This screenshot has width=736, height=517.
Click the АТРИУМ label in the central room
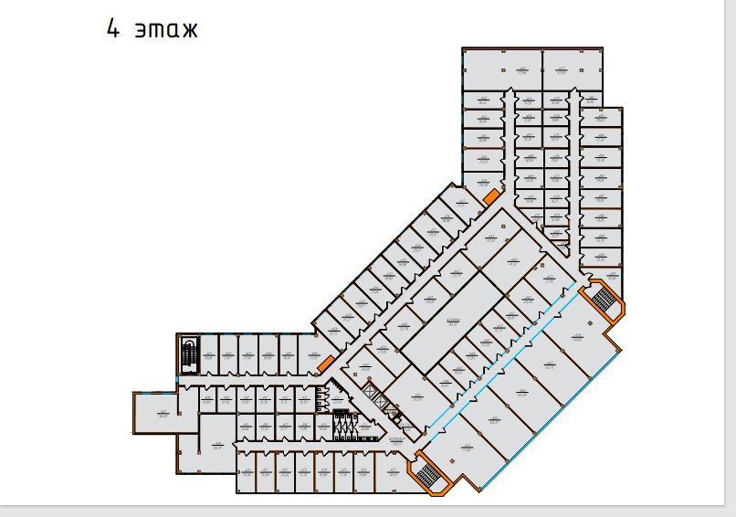click(x=451, y=322)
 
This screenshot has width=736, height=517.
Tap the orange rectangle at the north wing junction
click(x=490, y=197)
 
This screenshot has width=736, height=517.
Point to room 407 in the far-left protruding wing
click(x=163, y=415)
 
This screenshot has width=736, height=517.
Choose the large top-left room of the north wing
click(x=501, y=69)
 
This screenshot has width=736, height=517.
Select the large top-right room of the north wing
click(x=572, y=69)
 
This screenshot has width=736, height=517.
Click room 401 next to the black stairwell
click(x=208, y=356)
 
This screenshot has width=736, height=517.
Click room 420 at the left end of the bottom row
click(x=246, y=473)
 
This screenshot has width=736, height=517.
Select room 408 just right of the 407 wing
click(x=206, y=400)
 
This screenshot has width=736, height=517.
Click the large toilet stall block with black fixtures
click(x=344, y=425)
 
